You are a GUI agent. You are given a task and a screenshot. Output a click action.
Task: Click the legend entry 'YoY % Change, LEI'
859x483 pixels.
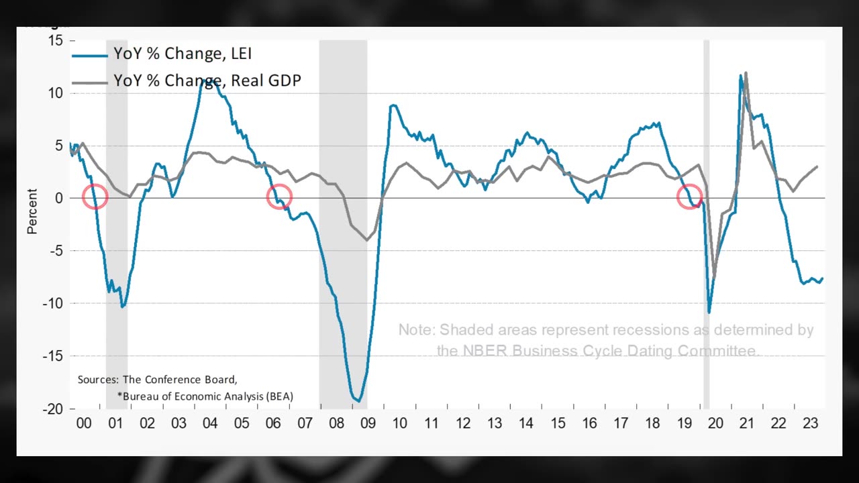coord(183,54)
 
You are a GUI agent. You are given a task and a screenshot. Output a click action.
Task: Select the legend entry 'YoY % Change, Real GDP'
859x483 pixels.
coord(207,80)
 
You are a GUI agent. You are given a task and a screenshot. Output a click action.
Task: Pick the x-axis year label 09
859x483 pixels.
coord(368,423)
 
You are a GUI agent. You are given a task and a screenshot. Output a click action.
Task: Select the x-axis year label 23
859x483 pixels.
coord(810,423)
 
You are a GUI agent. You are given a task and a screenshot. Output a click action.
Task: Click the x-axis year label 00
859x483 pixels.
coord(84,423)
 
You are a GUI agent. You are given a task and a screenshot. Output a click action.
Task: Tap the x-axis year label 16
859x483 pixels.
coord(589,423)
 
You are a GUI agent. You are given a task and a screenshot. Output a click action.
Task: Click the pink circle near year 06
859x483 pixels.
coord(279,197)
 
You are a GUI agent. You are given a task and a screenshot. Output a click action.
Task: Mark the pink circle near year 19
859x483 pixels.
coord(690,197)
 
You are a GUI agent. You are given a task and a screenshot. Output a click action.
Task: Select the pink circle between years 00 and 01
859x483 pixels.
coord(95,197)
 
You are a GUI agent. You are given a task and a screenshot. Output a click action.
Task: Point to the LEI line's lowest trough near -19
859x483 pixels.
coord(359,401)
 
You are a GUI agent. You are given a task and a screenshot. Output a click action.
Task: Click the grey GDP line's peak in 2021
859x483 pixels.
coord(746,73)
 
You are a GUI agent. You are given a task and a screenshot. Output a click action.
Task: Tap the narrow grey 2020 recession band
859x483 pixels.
coord(706,221)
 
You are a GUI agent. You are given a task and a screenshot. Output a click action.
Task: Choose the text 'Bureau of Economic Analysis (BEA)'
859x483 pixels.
coord(207,396)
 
